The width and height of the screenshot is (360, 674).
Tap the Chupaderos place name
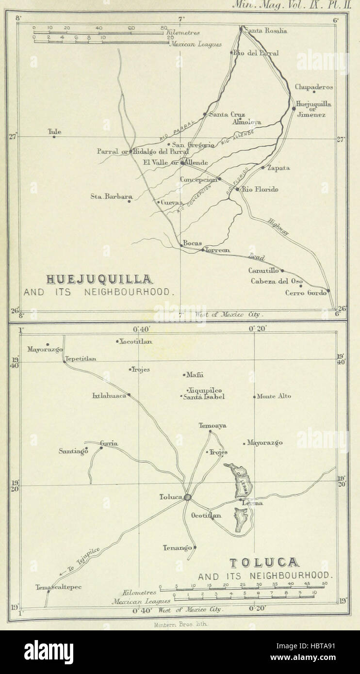[314, 87]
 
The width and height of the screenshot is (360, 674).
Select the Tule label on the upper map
[54, 131]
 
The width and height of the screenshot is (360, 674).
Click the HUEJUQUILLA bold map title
[99, 279]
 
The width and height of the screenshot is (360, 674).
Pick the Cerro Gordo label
[305, 292]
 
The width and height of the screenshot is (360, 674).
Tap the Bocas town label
[192, 243]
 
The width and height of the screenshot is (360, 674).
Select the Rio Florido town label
[260, 189]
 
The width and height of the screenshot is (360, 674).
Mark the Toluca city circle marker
[188, 497]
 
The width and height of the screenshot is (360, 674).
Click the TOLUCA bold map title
[264, 563]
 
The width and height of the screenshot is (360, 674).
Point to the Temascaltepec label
[58, 587]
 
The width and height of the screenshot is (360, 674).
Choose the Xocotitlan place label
[135, 341]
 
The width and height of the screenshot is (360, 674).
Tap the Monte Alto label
[274, 396]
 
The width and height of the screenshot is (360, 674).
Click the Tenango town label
[177, 548]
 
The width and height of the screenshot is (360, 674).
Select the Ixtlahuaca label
[109, 396]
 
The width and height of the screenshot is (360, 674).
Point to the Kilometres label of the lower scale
[140, 592]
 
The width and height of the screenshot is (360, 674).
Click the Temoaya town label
[213, 426]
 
